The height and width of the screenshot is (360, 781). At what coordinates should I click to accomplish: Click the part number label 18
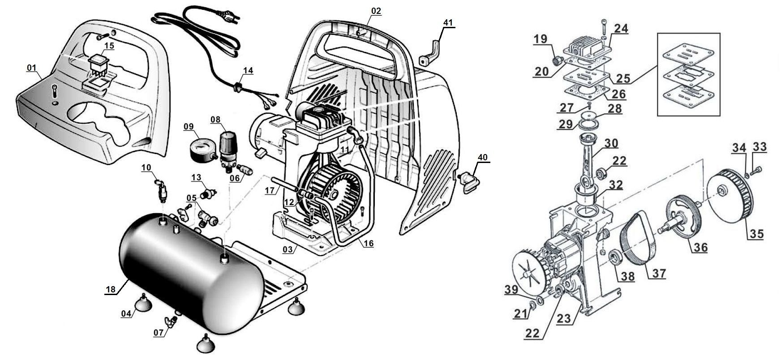pyautogui.click(x=110, y=290)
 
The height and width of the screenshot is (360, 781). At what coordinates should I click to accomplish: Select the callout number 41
pyautogui.click(x=448, y=22)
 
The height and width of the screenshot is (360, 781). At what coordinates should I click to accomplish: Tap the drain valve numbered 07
pyautogui.click(x=172, y=321)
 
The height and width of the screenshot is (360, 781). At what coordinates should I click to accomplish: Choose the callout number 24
pyautogui.click(x=621, y=29)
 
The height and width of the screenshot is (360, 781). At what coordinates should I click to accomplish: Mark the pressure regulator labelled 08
pyautogui.click(x=228, y=143)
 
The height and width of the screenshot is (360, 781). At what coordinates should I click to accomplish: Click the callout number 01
pyautogui.click(x=31, y=68)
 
